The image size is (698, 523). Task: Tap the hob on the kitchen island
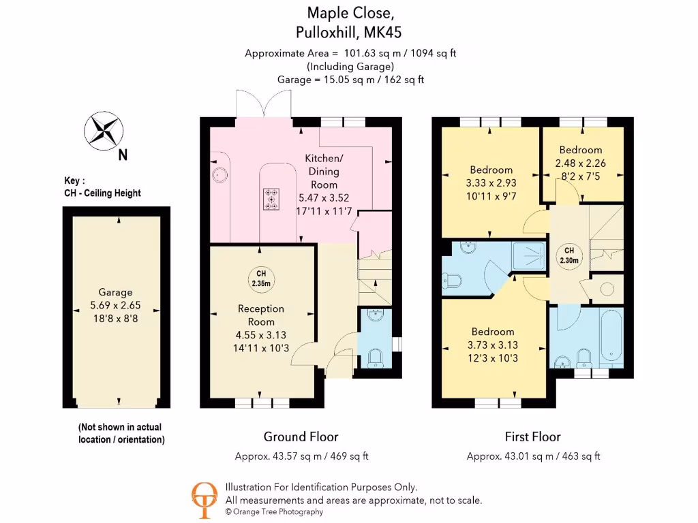tap(271, 198)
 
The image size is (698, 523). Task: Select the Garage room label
tap(115, 292)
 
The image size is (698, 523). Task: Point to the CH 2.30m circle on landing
tap(569, 254)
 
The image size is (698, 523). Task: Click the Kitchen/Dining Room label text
tap(324, 172)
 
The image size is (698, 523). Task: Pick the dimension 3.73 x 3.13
tap(492, 345)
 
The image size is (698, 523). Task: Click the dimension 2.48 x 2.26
tap(581, 163)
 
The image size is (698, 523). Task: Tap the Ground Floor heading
tap(301, 437)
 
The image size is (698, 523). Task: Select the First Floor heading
tap(532, 437)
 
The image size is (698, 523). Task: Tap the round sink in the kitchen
tap(219, 175)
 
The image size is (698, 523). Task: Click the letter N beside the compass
tap(123, 155)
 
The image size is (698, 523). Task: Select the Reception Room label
tap(261, 315)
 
